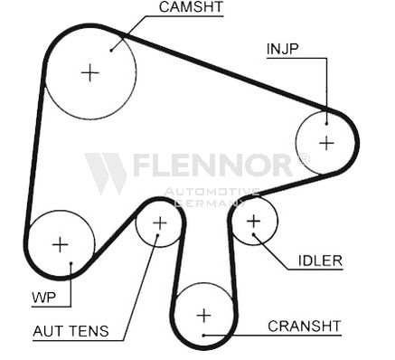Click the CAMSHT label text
(191, 7)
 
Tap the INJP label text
(282, 49)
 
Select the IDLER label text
(320, 261)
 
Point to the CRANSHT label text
(305, 326)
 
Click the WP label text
(43, 298)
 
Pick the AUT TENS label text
(71, 331)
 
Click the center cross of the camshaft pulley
(90, 73)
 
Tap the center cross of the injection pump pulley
(326, 143)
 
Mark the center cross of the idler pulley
(254, 222)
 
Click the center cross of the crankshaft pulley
(204, 316)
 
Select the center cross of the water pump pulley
(61, 244)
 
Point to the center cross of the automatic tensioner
(160, 223)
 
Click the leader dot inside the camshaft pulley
(111, 50)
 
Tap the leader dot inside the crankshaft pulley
(203, 335)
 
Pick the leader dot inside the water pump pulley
(71, 263)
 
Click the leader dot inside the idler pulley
(254, 234)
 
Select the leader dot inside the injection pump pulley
(326, 123)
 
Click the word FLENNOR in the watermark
(212, 165)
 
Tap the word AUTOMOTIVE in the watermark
(212, 192)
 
